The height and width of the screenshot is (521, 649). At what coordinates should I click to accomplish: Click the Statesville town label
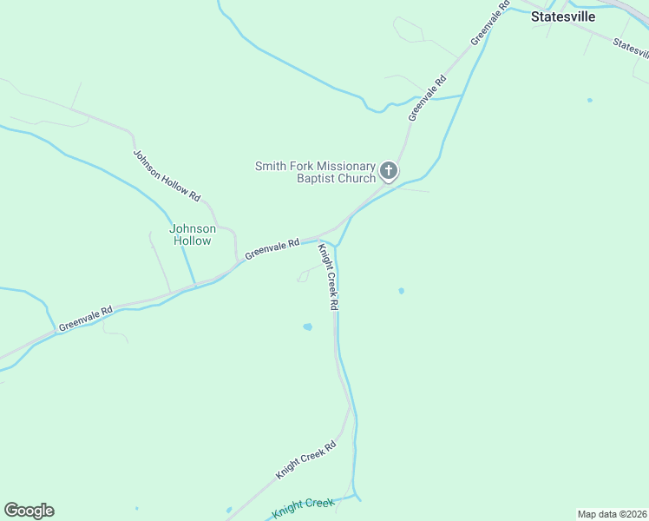562,16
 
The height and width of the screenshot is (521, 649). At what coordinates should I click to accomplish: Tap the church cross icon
389,170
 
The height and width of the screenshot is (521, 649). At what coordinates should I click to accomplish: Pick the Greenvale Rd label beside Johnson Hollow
272,248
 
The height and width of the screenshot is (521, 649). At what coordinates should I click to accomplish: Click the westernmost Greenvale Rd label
85,319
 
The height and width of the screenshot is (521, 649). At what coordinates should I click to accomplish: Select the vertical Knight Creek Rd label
326,277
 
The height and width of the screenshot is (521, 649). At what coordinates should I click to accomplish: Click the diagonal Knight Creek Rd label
305,461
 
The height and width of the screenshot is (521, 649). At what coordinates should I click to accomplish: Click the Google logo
29,511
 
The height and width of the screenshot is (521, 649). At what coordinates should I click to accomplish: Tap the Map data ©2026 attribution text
612,513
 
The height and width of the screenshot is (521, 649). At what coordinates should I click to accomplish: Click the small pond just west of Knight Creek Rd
307,327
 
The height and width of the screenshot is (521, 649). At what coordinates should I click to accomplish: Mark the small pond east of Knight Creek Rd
401,291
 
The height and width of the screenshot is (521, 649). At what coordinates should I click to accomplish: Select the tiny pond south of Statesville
589,100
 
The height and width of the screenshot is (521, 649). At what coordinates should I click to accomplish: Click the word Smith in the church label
272,166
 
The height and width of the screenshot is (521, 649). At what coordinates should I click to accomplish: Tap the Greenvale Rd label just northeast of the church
427,98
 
